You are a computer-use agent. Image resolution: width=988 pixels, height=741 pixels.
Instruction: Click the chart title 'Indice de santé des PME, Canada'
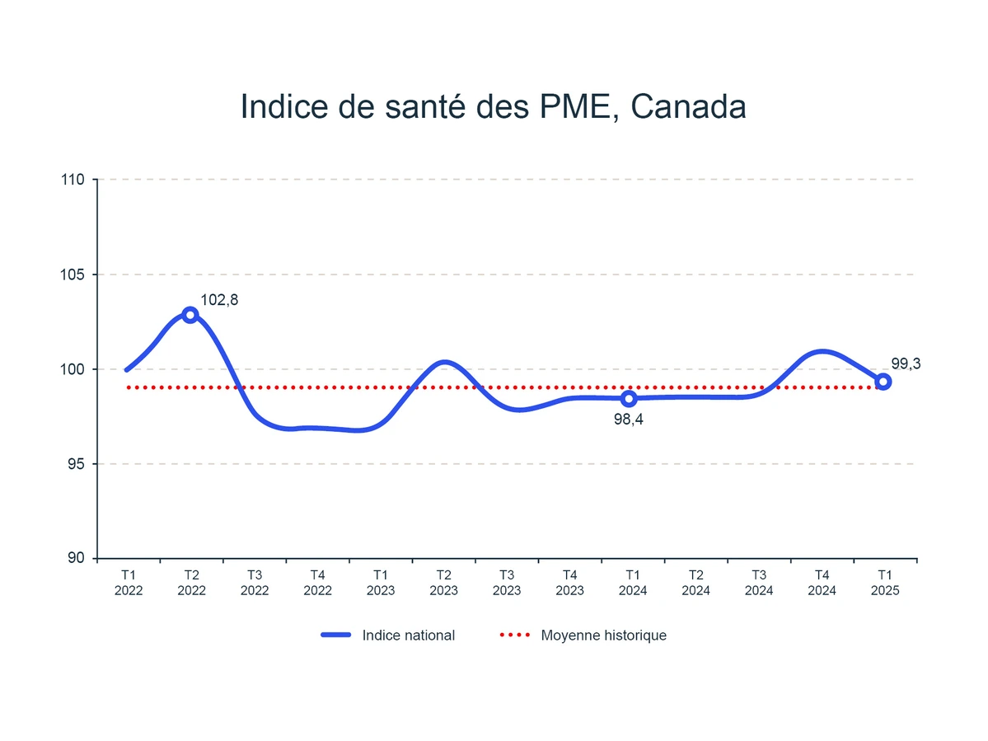493,107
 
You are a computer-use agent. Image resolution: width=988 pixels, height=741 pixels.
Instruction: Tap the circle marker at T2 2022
190,315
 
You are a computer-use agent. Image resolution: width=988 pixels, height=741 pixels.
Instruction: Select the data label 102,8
219,301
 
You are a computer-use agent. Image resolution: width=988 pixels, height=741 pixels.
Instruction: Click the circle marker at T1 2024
629,399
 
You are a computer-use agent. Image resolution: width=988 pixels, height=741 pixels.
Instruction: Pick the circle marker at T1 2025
883,382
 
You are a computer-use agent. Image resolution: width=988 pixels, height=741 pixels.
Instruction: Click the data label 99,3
906,363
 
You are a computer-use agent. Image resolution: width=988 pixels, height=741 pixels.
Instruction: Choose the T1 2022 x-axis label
129,583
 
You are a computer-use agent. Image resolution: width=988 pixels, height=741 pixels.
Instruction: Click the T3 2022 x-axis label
255,583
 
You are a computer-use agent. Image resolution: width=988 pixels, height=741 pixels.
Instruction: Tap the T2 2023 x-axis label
443,583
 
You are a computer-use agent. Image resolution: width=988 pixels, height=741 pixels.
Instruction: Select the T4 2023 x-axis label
569,583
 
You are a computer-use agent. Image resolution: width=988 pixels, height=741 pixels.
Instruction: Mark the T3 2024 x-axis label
759,583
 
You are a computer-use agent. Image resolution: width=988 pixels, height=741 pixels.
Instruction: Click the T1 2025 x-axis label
885,583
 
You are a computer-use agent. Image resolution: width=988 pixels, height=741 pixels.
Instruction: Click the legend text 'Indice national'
408,635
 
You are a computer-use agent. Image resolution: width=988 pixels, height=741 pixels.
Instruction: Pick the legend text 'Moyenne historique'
603,635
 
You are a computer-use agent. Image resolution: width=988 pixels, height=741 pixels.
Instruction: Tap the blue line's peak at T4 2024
822,352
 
